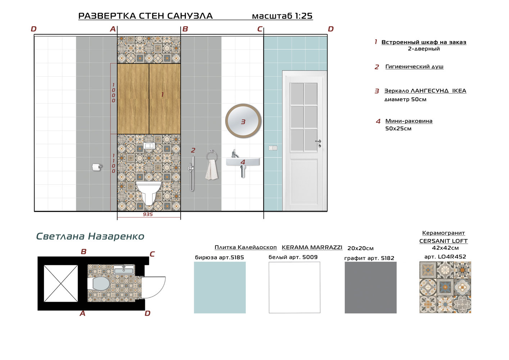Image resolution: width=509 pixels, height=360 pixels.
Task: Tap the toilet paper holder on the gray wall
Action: click(x=97, y=167)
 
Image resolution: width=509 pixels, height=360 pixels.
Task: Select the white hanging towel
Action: click(x=212, y=170)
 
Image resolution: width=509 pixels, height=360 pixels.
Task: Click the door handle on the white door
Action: click(x=319, y=143)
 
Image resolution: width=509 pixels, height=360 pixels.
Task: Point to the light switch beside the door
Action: click(x=273, y=148)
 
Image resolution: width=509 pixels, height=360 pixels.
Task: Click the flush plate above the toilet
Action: click(x=149, y=145)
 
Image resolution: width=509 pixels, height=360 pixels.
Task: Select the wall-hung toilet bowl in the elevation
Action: click(x=149, y=192)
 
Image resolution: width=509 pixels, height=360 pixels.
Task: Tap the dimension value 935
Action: click(x=148, y=214)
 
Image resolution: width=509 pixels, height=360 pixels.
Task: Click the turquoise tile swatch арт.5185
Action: click(x=220, y=287)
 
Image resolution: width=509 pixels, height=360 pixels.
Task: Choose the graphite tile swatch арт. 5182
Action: click(x=371, y=287)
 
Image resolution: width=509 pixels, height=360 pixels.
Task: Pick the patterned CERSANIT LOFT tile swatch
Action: click(x=445, y=287)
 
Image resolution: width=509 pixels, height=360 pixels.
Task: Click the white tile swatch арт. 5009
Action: click(x=295, y=287)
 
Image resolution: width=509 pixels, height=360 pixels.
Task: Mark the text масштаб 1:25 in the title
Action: click(x=282, y=16)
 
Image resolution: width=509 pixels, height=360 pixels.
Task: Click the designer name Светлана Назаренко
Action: click(x=90, y=236)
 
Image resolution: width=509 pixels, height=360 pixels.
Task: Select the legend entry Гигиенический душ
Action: click(x=414, y=67)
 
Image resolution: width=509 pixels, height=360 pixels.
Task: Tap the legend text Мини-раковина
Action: click(x=409, y=121)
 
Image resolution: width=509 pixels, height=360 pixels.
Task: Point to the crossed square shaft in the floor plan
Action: click(x=61, y=283)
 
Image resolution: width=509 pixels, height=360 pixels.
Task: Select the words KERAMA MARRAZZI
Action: click(x=312, y=247)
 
